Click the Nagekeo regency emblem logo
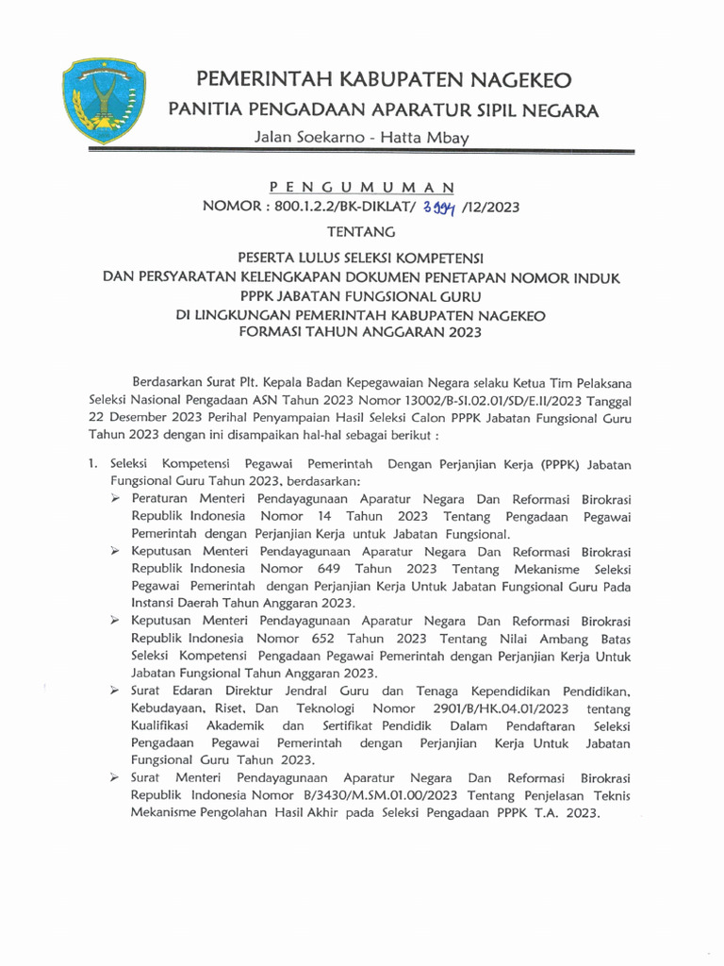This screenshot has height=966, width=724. point(100,98)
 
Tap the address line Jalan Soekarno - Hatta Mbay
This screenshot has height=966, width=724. point(362,138)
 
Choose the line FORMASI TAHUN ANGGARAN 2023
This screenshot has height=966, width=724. point(362,332)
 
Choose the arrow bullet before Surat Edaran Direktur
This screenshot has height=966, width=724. point(114,691)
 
